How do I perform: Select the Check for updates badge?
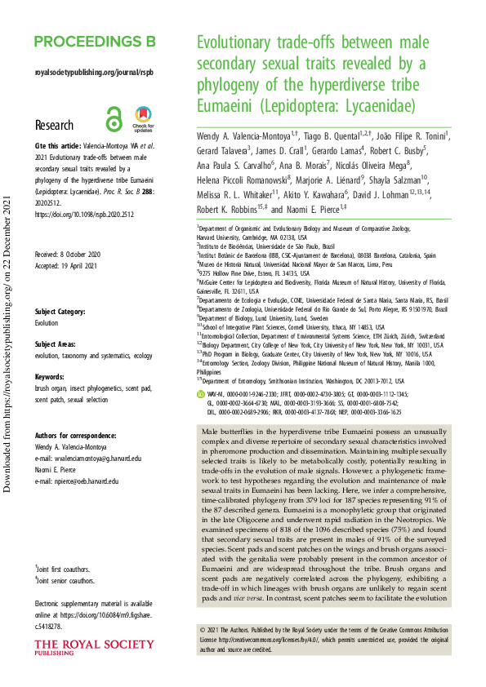click(143, 119)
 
